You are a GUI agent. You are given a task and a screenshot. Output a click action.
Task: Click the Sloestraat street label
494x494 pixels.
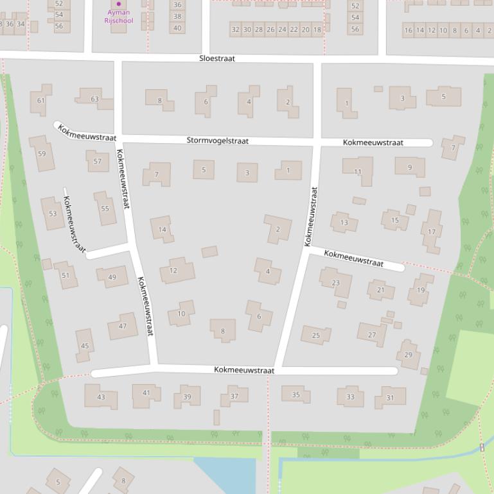(217, 58)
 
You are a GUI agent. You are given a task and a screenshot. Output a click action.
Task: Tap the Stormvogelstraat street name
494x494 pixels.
(217, 141)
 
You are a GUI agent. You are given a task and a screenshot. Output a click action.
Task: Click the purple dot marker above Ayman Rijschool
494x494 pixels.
(118, 4)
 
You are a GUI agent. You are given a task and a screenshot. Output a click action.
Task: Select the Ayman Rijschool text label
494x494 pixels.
(118, 16)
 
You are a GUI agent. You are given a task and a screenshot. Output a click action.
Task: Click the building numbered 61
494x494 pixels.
(41, 101)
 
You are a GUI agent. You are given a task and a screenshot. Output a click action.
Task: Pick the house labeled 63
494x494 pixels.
(94, 99)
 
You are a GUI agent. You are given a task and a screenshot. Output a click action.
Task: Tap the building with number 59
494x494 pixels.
(42, 153)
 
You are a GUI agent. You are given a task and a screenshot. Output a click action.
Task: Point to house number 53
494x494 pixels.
(53, 214)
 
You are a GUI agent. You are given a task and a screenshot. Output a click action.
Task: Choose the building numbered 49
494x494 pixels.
(112, 277)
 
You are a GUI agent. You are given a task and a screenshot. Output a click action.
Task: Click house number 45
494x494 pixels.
(85, 346)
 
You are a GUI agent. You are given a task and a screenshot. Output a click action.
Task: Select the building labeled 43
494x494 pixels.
(101, 396)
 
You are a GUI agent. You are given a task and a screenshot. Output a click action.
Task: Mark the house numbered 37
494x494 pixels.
(234, 396)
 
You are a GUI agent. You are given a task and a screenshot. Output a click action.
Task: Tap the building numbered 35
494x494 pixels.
(296, 395)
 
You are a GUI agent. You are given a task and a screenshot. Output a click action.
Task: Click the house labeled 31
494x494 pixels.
(390, 398)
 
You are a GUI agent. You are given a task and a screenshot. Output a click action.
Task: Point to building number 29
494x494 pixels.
(408, 355)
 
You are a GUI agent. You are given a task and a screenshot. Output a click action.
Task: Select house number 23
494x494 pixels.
(335, 283)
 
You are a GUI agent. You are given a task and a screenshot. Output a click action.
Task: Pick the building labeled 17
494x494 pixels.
(432, 232)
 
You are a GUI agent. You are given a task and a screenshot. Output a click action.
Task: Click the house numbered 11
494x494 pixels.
(358, 171)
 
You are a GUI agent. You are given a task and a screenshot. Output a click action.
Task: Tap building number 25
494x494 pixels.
(315, 335)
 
